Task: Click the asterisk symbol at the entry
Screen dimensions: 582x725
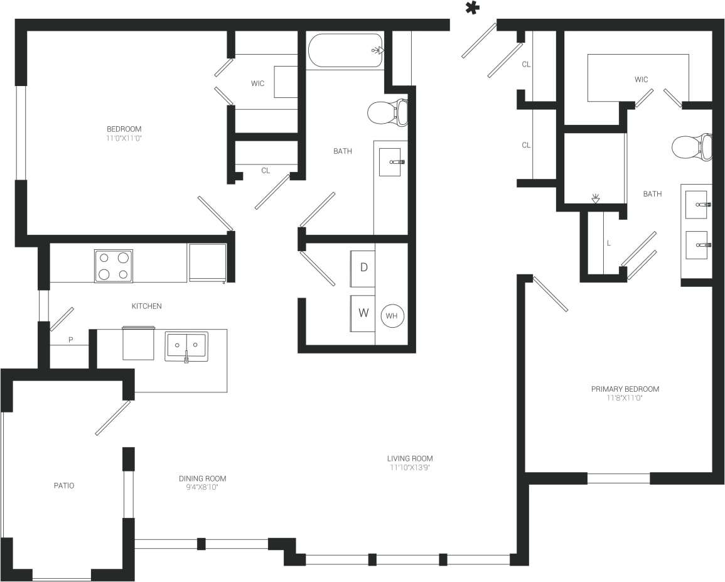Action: pyautogui.click(x=472, y=8)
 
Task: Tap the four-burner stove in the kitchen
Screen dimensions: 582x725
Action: pyautogui.click(x=113, y=266)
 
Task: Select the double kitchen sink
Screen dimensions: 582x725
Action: pyautogui.click(x=186, y=347)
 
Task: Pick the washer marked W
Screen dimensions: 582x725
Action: pyautogui.click(x=363, y=313)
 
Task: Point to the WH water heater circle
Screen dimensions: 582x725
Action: pyautogui.click(x=392, y=316)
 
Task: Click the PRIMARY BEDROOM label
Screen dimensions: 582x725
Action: pyautogui.click(x=625, y=389)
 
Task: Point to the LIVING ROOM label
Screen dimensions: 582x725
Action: pyautogui.click(x=409, y=458)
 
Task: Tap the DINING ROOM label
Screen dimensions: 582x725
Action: pyautogui.click(x=202, y=478)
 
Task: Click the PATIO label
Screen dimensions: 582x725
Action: pyautogui.click(x=63, y=485)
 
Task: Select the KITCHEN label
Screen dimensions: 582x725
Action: pyautogui.click(x=146, y=306)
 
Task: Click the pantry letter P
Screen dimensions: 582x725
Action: pyautogui.click(x=70, y=340)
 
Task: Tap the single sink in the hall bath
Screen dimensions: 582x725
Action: pyautogui.click(x=390, y=162)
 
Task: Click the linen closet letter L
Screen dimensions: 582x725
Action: pyautogui.click(x=608, y=242)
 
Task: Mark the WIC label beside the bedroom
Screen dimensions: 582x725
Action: pyautogui.click(x=258, y=83)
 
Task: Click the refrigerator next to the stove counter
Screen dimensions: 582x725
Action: pyautogui.click(x=207, y=262)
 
